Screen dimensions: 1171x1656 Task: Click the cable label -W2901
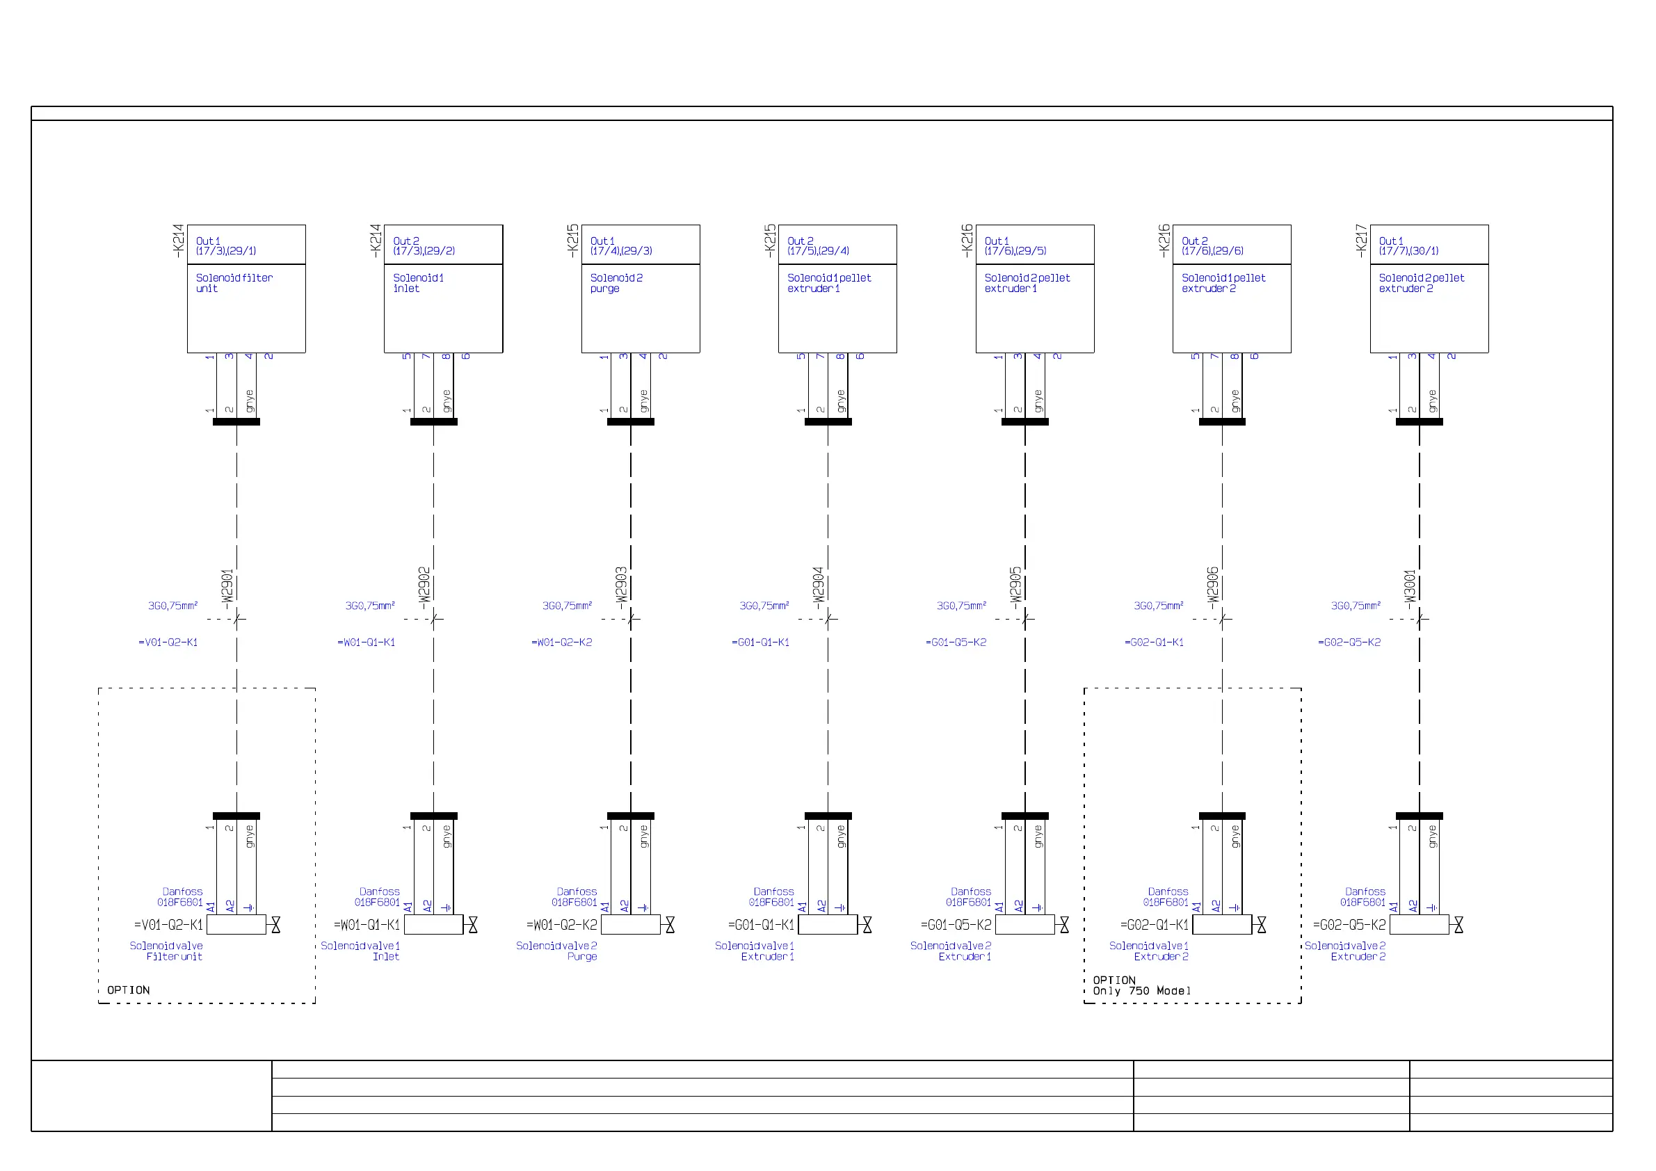[227, 586]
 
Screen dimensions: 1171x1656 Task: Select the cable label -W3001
[1410, 586]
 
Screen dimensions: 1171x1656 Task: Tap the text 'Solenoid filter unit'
[234, 282]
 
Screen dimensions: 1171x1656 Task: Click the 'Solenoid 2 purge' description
[616, 282]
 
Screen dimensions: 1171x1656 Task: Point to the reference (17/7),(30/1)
[1408, 251]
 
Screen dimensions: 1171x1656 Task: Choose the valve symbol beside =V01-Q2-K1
[275, 924]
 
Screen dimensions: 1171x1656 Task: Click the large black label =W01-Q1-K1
[367, 924]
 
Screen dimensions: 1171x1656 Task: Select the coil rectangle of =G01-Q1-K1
[827, 924]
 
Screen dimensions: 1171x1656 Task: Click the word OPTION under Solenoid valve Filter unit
[129, 990]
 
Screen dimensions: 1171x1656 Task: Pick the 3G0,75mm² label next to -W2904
[764, 606]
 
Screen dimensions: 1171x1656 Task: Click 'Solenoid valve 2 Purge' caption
[556, 951]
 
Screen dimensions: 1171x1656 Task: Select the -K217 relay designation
[1360, 241]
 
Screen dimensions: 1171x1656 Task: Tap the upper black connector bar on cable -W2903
[630, 422]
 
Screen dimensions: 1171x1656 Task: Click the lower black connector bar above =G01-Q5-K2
[1025, 816]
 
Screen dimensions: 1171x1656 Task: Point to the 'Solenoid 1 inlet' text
[417, 282]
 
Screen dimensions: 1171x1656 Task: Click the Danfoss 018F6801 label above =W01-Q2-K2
[575, 897]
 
